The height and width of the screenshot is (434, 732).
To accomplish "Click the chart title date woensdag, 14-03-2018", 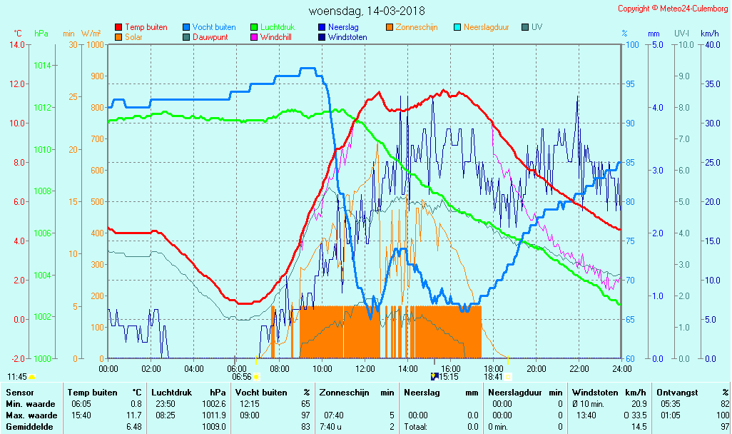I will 366,11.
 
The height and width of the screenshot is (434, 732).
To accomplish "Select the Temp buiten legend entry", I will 146,27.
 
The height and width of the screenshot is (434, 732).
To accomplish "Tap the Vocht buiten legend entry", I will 213,27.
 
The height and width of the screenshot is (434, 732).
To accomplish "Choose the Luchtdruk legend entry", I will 280,27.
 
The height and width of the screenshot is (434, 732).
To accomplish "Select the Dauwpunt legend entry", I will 210,37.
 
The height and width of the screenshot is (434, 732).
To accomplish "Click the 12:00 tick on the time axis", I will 365,368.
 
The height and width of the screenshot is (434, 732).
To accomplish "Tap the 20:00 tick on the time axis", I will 537,368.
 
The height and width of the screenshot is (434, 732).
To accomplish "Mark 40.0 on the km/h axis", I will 710,45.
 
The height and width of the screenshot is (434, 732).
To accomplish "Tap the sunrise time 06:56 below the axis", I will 242,377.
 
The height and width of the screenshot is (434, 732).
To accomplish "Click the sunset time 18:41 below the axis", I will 493,377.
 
